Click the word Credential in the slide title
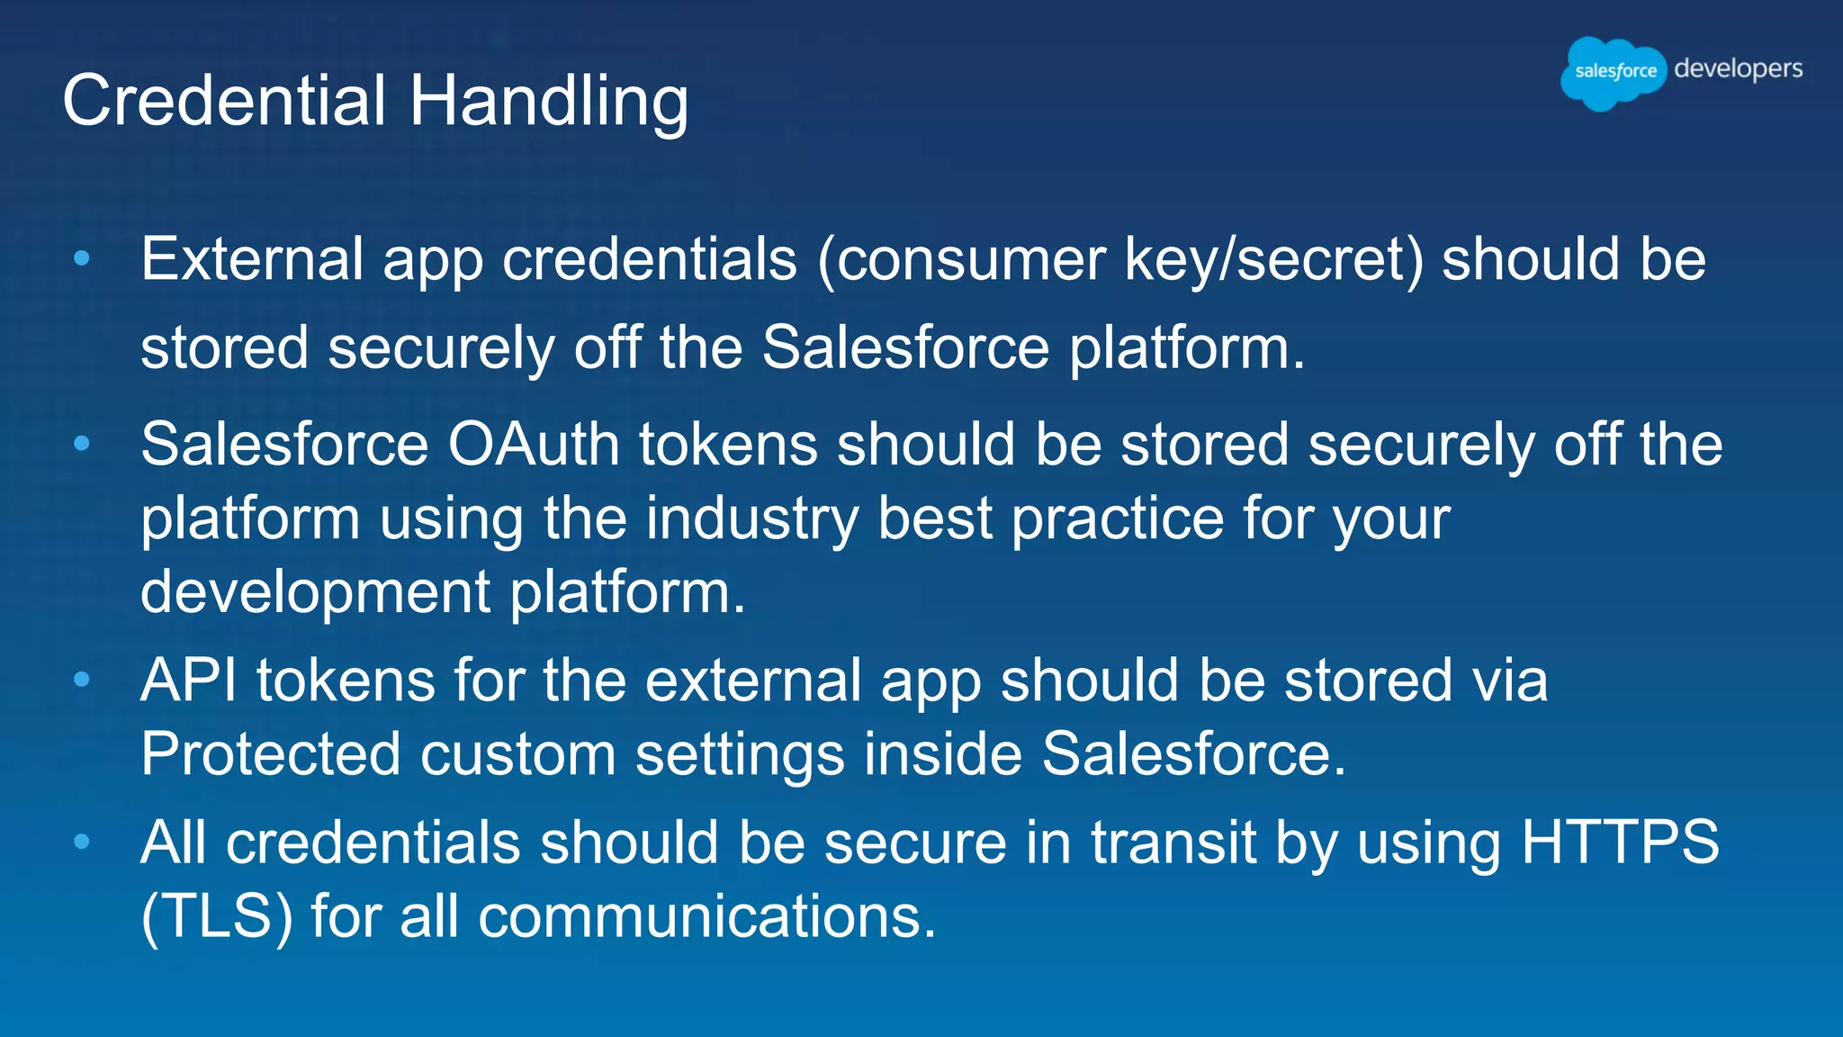pos(224,100)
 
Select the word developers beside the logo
pos(1738,69)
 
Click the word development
pos(315,594)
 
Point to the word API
pos(189,680)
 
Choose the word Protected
pos(270,753)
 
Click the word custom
pos(517,753)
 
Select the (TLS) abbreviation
pos(217,917)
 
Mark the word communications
pos(707,917)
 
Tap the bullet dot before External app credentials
pos(82,259)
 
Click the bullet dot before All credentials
pos(82,842)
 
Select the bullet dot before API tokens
pos(82,679)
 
